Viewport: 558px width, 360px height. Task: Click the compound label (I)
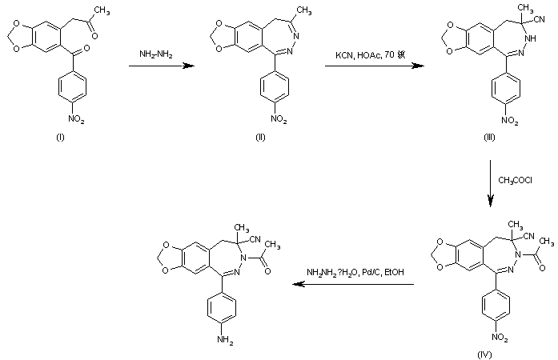[x=59, y=138]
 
